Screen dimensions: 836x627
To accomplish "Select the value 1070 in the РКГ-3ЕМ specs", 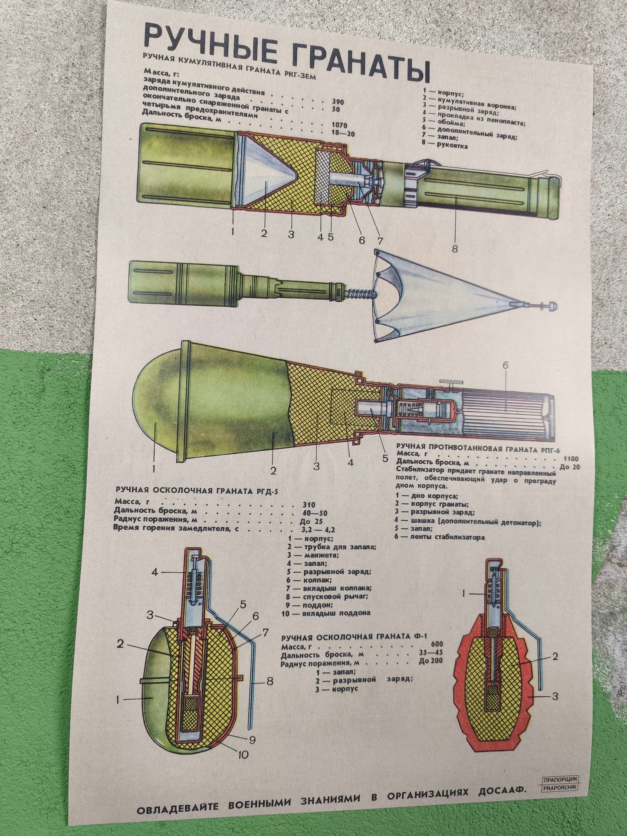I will [x=339, y=125].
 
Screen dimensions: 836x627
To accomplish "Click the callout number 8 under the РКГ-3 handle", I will [x=454, y=249].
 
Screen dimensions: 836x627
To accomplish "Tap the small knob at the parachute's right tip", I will [x=552, y=306].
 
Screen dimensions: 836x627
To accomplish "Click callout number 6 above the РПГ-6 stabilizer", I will [x=505, y=365].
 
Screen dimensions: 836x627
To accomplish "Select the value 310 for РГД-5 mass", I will [x=309, y=505].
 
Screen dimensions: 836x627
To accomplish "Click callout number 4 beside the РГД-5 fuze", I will [x=154, y=572].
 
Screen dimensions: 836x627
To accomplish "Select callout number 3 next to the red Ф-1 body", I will [x=555, y=697].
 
